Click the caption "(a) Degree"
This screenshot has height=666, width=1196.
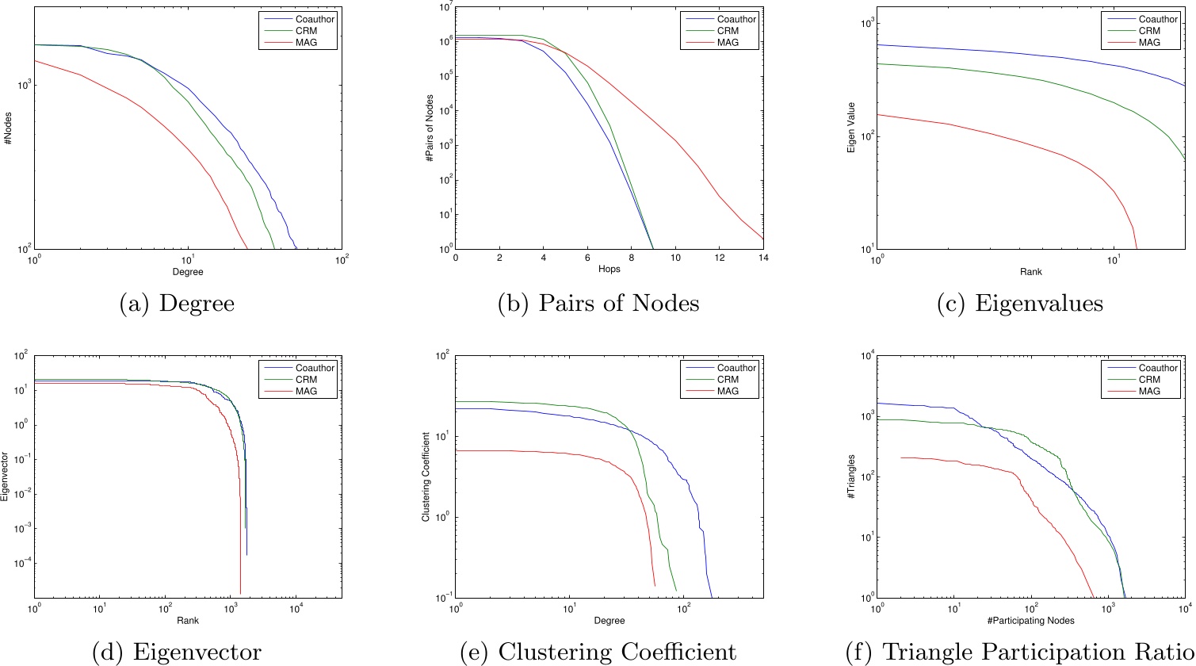pyautogui.click(x=176, y=304)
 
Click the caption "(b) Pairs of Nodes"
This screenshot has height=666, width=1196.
pyautogui.click(x=598, y=304)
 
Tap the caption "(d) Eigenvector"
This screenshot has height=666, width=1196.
pyautogui.click(x=177, y=651)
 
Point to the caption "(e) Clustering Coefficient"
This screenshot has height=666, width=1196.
pyautogui.click(x=598, y=651)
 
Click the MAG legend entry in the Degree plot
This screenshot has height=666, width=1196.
pyautogui.click(x=311, y=42)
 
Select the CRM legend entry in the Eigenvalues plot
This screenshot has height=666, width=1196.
pyautogui.click(x=1155, y=29)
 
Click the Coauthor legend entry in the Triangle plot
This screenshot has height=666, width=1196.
pyautogui.click(x=1155, y=367)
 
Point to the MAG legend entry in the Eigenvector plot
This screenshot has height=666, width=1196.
pyautogui.click(x=311, y=391)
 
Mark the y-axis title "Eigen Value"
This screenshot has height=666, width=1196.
pyautogui.click(x=850, y=131)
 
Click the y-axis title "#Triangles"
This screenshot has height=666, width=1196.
pyautogui.click(x=850, y=478)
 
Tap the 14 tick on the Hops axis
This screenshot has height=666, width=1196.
pyautogui.click(x=762, y=258)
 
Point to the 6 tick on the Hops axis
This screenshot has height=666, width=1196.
pyautogui.click(x=587, y=258)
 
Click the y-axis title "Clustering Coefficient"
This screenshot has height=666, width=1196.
pyautogui.click(x=426, y=478)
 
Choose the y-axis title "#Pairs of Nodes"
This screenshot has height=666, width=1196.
pyautogui.click(x=427, y=131)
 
